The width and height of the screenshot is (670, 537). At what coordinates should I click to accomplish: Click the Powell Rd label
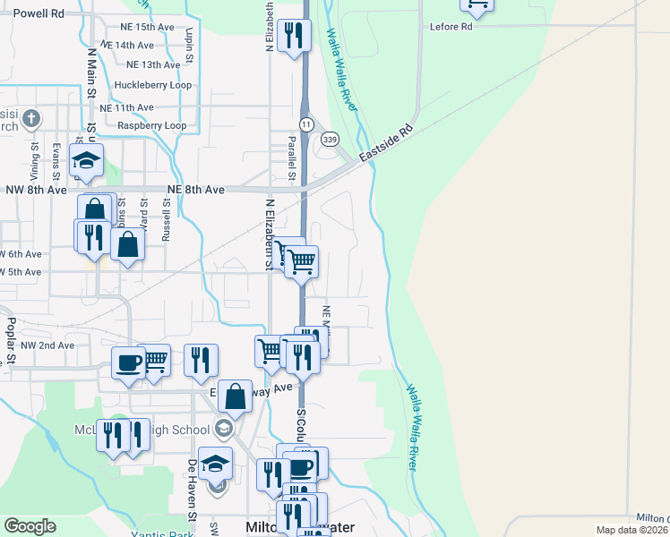pos(39,13)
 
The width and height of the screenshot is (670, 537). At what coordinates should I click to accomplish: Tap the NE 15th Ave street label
pos(140,27)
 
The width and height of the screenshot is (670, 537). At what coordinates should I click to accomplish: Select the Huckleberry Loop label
pos(153,85)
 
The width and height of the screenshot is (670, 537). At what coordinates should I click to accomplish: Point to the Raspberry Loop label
pos(151,125)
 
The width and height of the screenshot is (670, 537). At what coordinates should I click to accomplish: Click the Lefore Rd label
pos(451,27)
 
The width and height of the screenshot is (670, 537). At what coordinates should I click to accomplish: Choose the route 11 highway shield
pos(306,123)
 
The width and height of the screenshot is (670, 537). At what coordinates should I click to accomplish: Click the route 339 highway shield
pos(331,139)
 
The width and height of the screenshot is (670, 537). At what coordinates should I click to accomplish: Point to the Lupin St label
pos(190,44)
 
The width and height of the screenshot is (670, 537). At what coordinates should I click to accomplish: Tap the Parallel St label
pos(291,158)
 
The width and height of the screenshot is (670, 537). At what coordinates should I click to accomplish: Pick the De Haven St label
pos(192,490)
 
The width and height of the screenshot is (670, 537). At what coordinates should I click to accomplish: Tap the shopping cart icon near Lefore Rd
pos(477,4)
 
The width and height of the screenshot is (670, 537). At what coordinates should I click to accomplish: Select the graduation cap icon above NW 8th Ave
pos(87,161)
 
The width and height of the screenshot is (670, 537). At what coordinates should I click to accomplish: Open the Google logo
pos(30,526)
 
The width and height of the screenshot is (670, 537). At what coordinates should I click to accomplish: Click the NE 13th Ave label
pos(153,64)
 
